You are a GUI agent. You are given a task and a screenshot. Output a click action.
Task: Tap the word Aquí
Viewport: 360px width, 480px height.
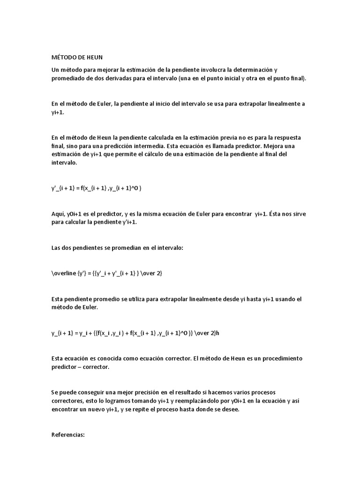(58, 214)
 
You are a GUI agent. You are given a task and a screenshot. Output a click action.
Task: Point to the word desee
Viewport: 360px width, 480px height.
(230, 409)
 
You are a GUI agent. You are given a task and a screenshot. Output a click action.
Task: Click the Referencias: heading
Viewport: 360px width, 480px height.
(67, 435)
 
